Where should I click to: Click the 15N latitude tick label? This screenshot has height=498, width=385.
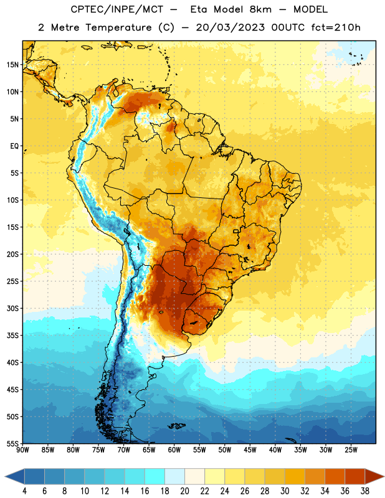12,65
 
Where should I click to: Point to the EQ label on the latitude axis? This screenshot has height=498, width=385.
14,146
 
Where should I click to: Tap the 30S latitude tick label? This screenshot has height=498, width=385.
12,308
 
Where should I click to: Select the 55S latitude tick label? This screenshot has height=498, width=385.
12,443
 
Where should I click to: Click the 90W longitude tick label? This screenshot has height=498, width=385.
22,450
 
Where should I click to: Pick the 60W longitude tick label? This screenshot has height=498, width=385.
174,450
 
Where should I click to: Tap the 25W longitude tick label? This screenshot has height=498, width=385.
351,450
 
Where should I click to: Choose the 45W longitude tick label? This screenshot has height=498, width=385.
250,450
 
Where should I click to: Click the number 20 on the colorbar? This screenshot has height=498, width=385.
184,491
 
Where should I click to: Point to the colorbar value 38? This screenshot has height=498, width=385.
364,491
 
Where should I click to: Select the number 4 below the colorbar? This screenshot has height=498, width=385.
24,491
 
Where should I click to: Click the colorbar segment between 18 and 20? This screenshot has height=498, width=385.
174,476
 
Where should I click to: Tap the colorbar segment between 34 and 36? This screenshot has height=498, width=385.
335,476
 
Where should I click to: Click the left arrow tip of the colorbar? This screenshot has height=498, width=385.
5,476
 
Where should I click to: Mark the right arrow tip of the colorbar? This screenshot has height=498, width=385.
384,476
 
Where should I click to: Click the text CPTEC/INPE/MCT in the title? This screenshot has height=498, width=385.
117,9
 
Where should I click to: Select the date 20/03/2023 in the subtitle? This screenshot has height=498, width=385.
230,27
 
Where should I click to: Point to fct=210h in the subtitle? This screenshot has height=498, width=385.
336,27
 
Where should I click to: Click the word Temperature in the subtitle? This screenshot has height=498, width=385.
118,27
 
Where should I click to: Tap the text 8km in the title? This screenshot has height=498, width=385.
260,9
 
